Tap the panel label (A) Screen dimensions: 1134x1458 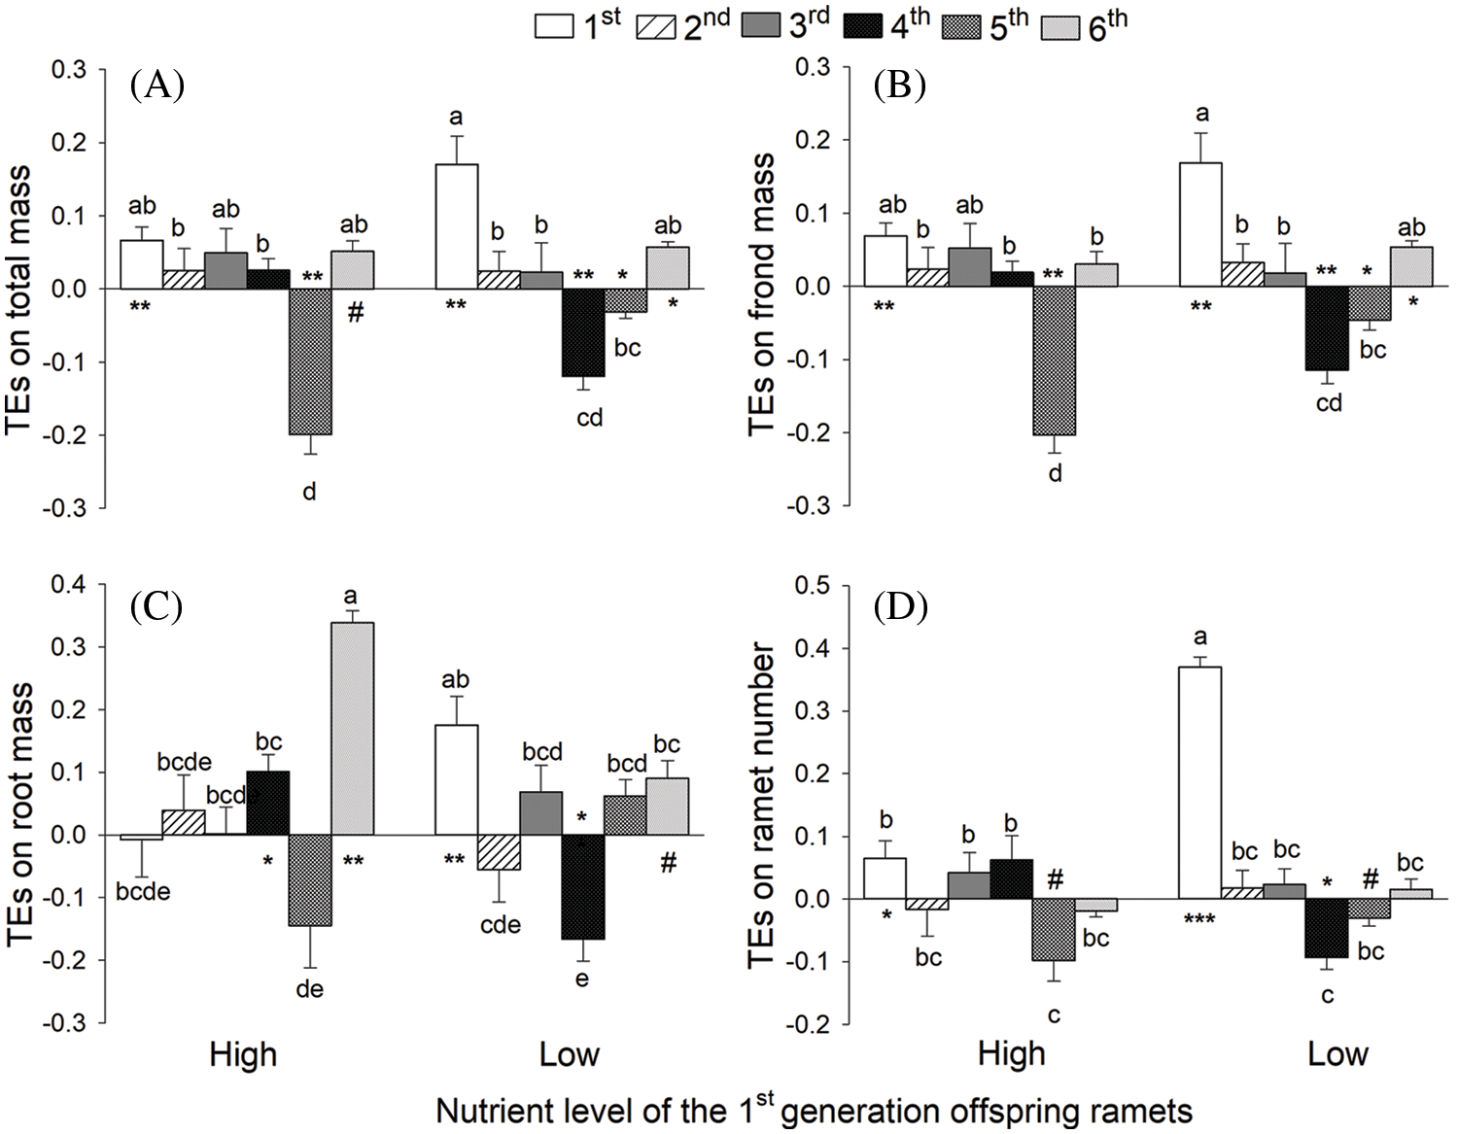156,86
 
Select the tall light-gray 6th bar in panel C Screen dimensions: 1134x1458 353,728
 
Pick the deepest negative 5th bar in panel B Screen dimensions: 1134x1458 1055,360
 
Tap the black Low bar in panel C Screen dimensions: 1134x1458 583,886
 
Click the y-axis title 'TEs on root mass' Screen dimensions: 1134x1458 21,814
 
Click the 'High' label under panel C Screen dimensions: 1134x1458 243,1055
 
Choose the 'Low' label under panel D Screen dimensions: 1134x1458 1337,1055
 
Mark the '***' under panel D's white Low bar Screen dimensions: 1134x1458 1198,918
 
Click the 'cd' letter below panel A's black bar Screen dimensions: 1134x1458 590,418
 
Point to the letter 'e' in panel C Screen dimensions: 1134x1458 582,979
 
